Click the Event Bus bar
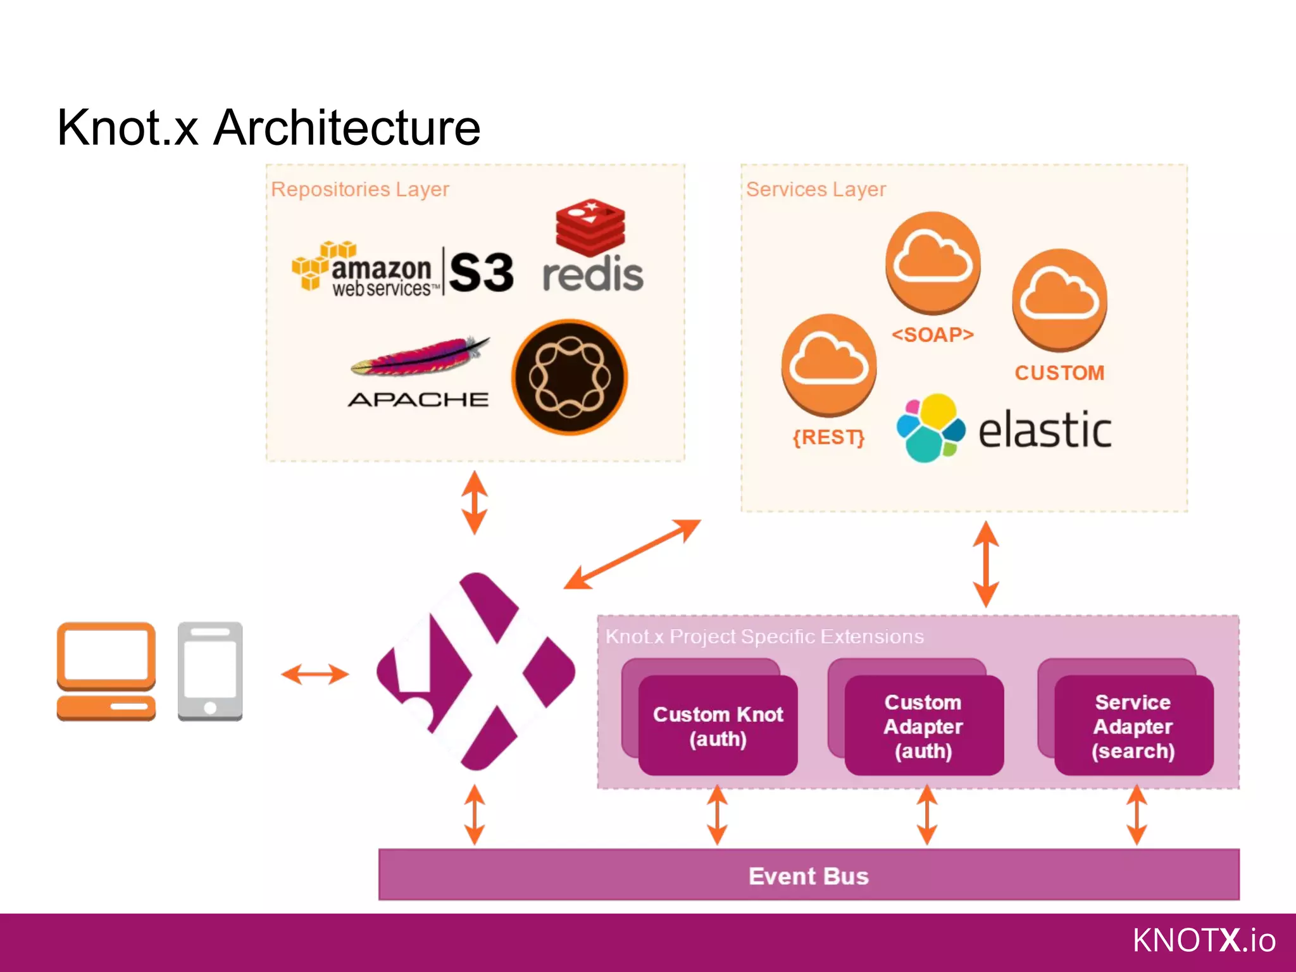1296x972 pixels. [x=809, y=876]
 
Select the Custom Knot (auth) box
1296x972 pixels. [x=718, y=726]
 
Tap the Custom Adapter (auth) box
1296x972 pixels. [x=924, y=726]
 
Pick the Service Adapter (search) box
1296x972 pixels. [x=1133, y=726]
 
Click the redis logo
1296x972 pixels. [x=592, y=250]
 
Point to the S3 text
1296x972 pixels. [x=482, y=273]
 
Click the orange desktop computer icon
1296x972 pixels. [x=106, y=671]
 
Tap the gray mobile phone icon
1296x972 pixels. [x=210, y=671]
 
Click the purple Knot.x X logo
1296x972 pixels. [x=476, y=671]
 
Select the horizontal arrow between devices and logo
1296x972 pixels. [x=315, y=674]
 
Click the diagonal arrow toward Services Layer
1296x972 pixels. [x=632, y=554]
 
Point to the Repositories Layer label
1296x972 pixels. [x=359, y=189]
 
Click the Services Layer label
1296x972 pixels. [x=815, y=189]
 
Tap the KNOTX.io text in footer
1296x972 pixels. [x=1204, y=940]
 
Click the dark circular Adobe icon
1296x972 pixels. [x=570, y=377]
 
